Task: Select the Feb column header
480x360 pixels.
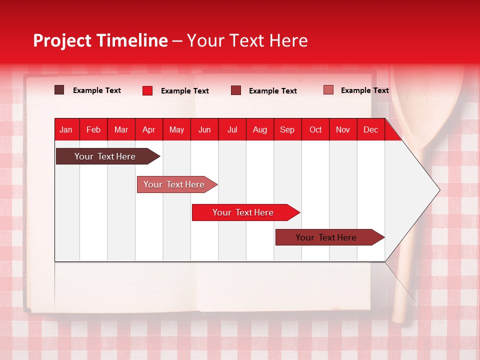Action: [93, 129]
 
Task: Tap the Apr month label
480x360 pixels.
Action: [149, 129]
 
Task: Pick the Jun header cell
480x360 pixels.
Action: [204, 129]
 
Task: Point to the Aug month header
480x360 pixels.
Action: [260, 129]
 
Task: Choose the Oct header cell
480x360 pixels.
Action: [315, 129]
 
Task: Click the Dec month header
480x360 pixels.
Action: [371, 129]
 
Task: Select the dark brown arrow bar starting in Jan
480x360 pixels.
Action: [108, 156]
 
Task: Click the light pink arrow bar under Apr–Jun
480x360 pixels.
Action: [177, 184]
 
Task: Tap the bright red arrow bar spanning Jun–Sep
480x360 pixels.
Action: [246, 212]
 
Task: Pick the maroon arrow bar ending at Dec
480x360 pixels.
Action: [330, 237]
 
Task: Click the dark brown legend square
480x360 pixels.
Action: [59, 89]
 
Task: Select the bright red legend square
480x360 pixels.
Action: [147, 90]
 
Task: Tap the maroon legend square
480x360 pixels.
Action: [235, 90]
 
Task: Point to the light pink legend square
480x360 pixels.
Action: [328, 89]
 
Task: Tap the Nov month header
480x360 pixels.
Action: [343, 129]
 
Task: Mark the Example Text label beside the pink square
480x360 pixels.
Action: [365, 90]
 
